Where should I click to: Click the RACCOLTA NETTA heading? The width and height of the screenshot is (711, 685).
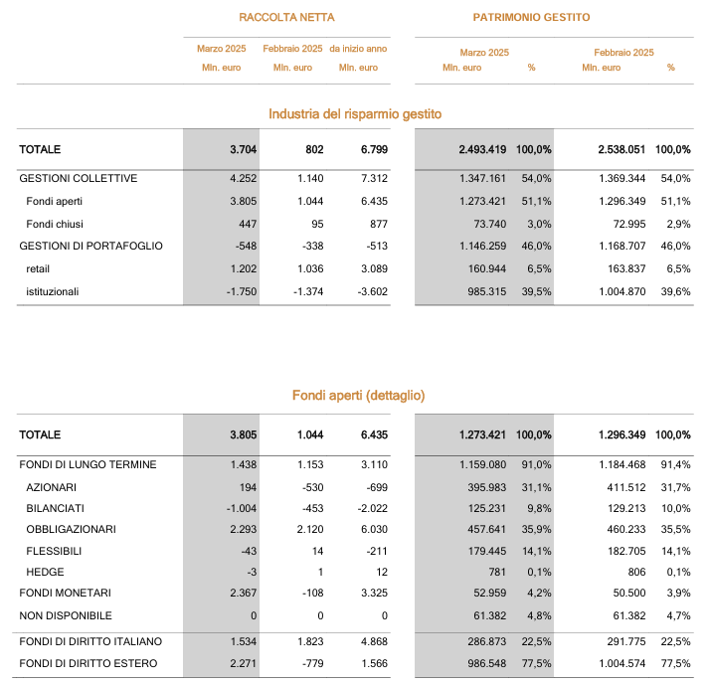pyautogui.click(x=286, y=17)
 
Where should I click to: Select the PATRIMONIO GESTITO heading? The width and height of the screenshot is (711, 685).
pyautogui.click(x=531, y=17)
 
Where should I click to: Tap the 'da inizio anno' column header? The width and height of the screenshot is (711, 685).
pyautogui.click(x=358, y=49)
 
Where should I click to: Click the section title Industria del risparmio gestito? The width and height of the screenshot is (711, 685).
pyautogui.click(x=355, y=113)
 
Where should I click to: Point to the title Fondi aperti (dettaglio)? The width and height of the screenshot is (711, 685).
pyautogui.click(x=359, y=396)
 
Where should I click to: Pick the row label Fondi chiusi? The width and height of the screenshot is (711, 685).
pyautogui.click(x=55, y=224)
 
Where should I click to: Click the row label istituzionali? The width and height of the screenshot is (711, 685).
pyautogui.click(x=52, y=291)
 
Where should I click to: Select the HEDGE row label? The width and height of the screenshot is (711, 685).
pyautogui.click(x=45, y=572)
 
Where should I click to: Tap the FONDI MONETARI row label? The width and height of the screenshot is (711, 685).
pyautogui.click(x=65, y=593)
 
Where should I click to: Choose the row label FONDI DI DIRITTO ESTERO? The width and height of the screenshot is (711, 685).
pyautogui.click(x=88, y=664)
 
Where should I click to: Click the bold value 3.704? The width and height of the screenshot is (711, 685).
pyautogui.click(x=243, y=149)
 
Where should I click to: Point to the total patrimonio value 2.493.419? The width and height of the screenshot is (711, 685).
pyautogui.click(x=482, y=149)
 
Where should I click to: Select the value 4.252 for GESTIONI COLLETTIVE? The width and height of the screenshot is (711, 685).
pyautogui.click(x=243, y=179)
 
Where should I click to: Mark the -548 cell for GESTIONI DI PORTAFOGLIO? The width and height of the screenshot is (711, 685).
pyautogui.click(x=246, y=247)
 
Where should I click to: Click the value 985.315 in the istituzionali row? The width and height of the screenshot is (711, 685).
pyautogui.click(x=487, y=291)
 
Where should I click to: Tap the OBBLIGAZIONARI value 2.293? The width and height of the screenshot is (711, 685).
pyautogui.click(x=243, y=530)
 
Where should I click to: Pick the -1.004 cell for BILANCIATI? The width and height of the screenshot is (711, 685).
pyautogui.click(x=242, y=509)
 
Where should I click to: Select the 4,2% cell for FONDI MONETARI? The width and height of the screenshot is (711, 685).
pyautogui.click(x=539, y=593)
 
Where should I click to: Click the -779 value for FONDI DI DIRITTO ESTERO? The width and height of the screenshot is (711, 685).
pyautogui.click(x=313, y=664)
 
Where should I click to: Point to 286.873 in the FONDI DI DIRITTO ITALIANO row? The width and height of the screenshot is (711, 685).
pyautogui.click(x=487, y=642)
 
